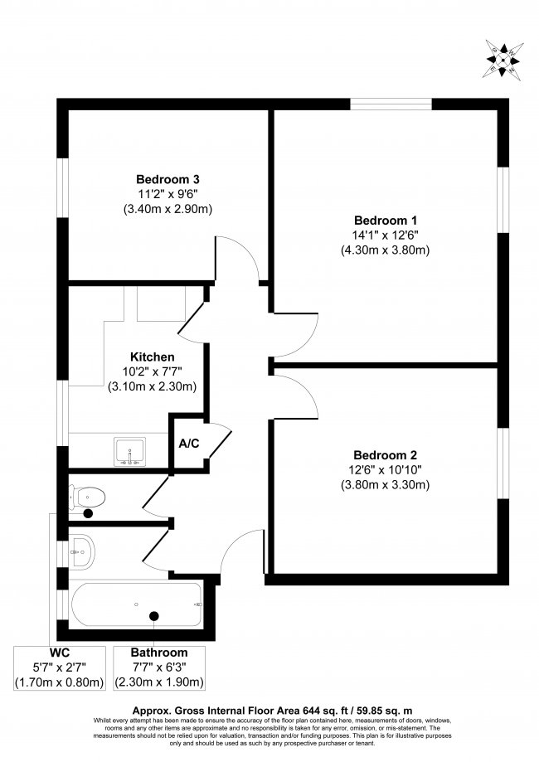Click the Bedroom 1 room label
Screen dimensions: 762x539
pyautogui.click(x=385, y=221)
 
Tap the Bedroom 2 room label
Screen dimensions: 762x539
pyautogui.click(x=385, y=455)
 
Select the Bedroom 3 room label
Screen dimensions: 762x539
pyautogui.click(x=168, y=179)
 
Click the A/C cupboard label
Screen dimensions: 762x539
pyautogui.click(x=189, y=444)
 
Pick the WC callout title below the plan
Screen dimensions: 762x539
pyautogui.click(x=58, y=653)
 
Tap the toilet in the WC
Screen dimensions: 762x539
pyautogui.click(x=90, y=497)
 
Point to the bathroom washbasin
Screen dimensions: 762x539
pyautogui.click(x=83, y=549)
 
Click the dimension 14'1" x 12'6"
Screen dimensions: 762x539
pyautogui.click(x=385, y=235)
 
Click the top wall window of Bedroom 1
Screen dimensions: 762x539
pyautogui.click(x=391, y=104)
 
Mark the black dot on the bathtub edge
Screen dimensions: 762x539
pyautogui.click(x=153, y=615)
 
